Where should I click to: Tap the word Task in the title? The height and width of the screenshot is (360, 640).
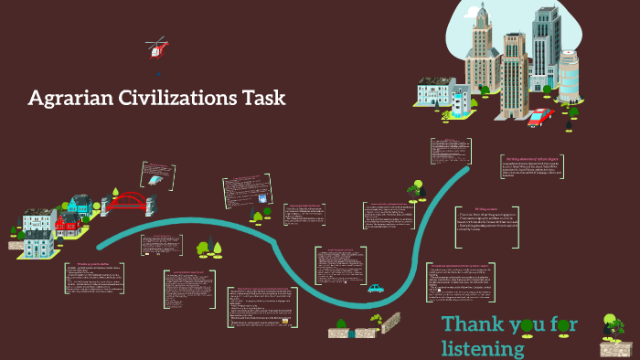coord(265,98)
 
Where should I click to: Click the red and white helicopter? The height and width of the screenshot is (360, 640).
coord(156,48)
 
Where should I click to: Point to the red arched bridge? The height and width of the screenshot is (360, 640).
coord(128,202)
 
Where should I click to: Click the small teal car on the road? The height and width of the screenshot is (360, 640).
coord(375,289)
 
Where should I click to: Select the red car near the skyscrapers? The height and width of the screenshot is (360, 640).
coord(540,116)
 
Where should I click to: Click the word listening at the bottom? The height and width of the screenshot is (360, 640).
coord(483,348)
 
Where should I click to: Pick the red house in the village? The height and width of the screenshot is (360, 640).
coord(67,221)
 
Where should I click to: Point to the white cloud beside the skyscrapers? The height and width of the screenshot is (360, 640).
coord(457,37)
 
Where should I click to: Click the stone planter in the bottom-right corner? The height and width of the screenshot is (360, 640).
coord(615,348)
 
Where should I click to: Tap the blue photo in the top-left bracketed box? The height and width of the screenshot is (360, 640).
coord(156,182)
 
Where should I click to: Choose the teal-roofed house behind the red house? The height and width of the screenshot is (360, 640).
coord(80,205)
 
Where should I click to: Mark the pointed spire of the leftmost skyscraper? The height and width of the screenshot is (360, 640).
coord(478,13)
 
